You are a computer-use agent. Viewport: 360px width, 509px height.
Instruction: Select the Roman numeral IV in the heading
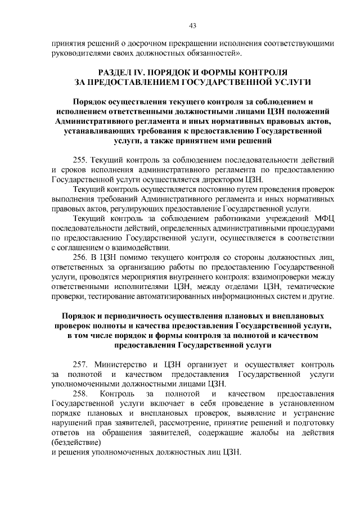(x=145, y=73)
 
